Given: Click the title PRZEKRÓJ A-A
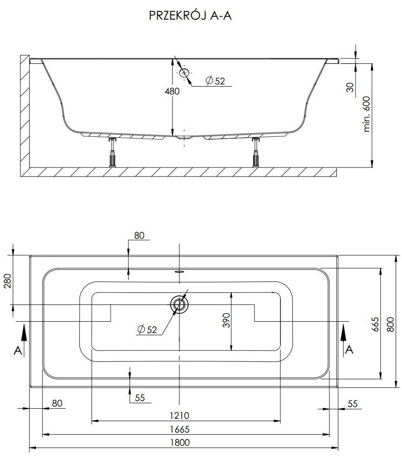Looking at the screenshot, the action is tap(190, 16).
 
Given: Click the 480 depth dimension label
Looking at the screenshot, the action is tap(172, 91).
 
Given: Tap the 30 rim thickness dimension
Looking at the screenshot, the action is tap(350, 87).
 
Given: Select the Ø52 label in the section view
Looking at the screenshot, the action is tap(215, 81).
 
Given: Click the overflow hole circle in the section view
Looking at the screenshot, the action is tap(184, 73).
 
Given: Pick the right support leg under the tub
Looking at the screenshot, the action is tap(256, 153).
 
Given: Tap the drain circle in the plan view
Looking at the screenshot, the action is tap(179, 304).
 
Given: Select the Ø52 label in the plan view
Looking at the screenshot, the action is tap(147, 329).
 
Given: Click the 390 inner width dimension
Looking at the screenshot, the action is tap(226, 320).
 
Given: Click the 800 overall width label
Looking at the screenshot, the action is tap(390, 324).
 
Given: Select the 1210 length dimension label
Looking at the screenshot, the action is tap(179, 416).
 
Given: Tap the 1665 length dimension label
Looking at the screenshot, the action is tap(179, 429).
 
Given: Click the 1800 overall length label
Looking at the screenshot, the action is tap(180, 443).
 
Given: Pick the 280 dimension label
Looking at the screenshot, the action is tap(8, 281).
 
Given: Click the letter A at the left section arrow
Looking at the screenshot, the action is tap(18, 350).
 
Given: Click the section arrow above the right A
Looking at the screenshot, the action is tap(344, 334).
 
